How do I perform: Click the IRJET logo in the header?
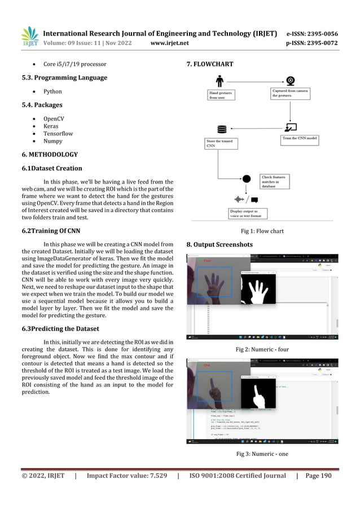[x=30, y=37]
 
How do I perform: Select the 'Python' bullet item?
[x=52, y=91]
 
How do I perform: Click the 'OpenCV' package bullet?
[x=55, y=119]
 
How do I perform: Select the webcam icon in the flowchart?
[x=291, y=81]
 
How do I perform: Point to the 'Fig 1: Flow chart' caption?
[x=261, y=231]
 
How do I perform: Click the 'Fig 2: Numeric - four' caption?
[x=262, y=349]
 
